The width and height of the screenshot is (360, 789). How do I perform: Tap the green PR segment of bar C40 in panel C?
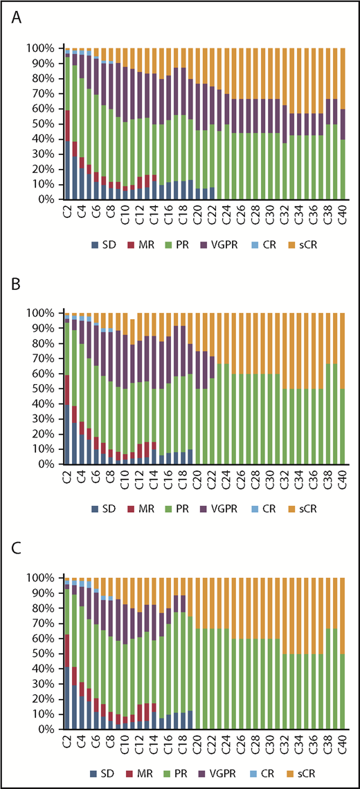click(342, 691)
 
